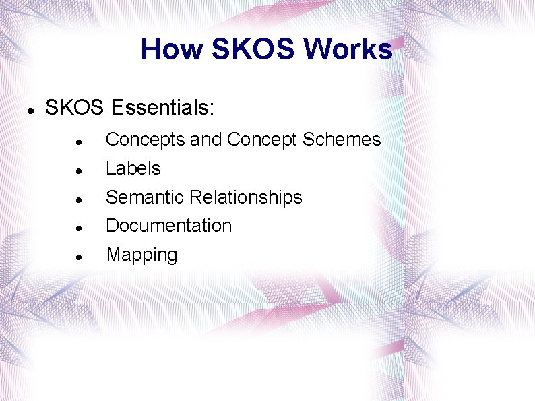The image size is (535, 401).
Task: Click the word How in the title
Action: [171, 49]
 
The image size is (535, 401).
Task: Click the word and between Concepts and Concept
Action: [206, 140]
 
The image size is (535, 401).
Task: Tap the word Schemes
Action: [342, 140]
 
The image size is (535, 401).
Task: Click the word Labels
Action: [133, 168]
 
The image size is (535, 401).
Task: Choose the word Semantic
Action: [146, 197]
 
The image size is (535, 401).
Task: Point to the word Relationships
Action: [246, 197]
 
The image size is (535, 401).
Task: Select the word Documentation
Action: [168, 226]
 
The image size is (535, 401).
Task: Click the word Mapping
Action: [141, 255]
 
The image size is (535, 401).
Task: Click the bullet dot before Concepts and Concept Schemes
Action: [80, 142]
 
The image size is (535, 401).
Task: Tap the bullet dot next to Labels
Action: [80, 170]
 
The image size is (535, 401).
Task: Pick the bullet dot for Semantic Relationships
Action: [80, 199]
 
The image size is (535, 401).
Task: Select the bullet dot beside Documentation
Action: [80, 228]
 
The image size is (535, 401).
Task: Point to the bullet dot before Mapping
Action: [80, 257]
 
